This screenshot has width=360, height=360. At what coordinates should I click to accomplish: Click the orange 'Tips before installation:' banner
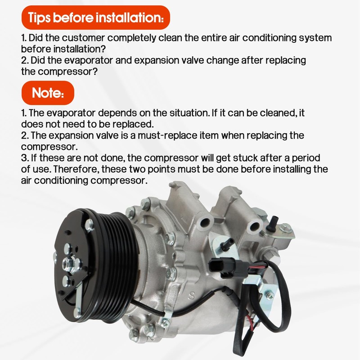pos(96,18)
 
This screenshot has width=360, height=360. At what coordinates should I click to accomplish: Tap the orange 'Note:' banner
pos(48,93)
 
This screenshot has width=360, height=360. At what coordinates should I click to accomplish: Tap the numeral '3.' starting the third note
pos(25,158)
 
